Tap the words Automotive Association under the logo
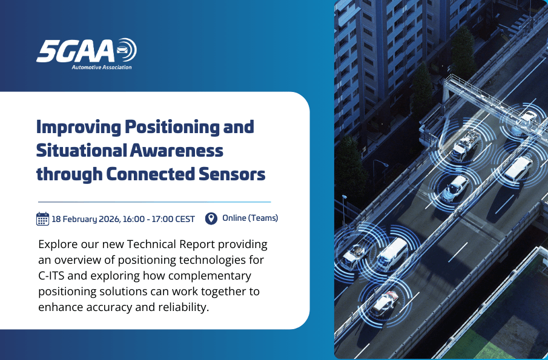pyautogui.click(x=101, y=67)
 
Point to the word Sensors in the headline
pyautogui.click(x=233, y=174)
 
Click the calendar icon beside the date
pyautogui.click(x=42, y=218)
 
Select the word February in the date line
pyautogui.click(x=80, y=219)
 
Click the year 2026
pyautogui.click(x=111, y=219)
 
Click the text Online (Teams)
pyautogui.click(x=250, y=218)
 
